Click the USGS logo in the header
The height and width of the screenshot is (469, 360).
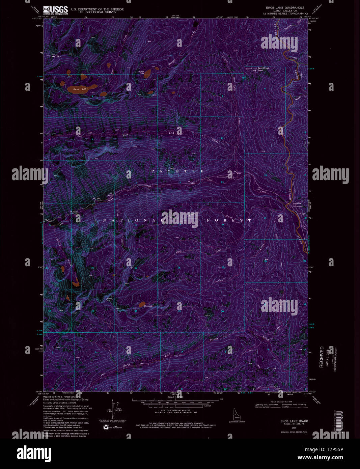point(55,10)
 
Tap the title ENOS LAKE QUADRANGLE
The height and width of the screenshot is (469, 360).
point(285,7)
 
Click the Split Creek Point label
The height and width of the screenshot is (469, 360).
point(264,70)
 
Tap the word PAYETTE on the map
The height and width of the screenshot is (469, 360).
point(177,171)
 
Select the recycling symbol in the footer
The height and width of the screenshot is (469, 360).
point(106,427)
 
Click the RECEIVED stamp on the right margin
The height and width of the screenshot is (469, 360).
point(322,357)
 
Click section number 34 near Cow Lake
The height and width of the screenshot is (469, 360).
point(136,311)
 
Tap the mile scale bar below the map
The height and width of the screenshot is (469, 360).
point(175,400)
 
